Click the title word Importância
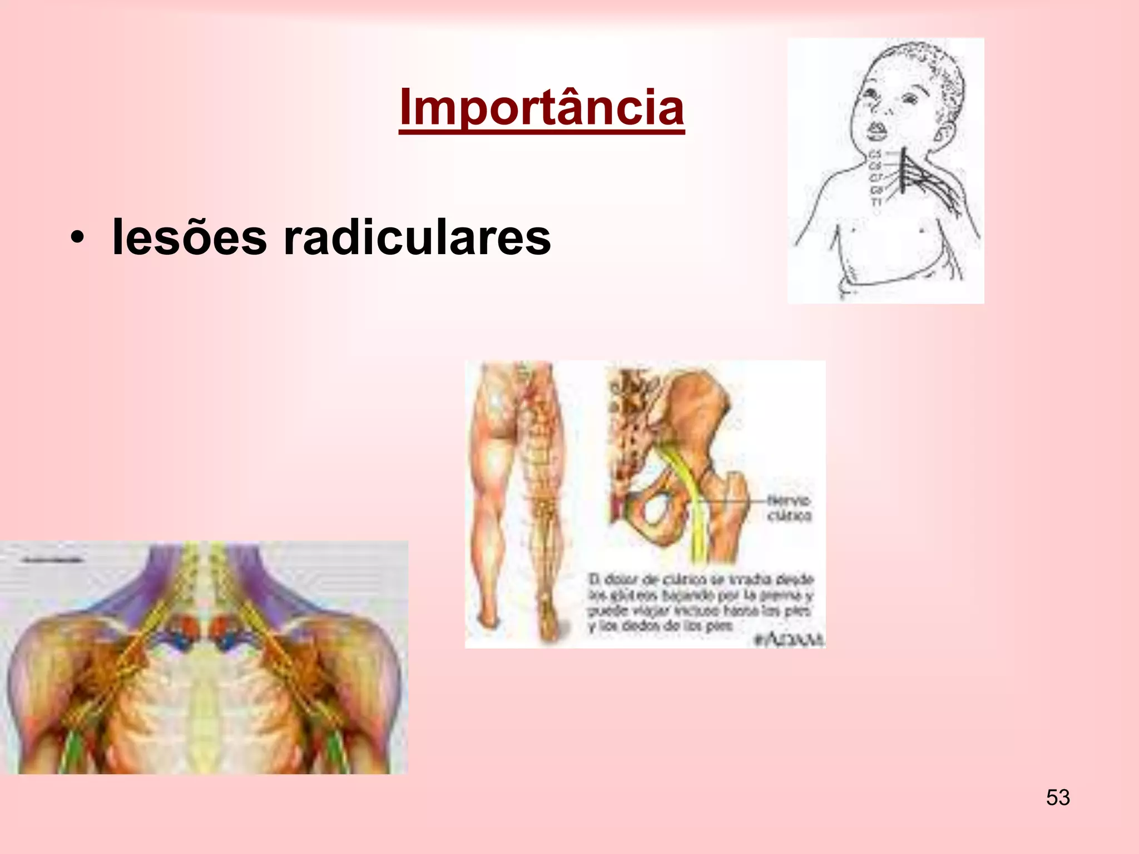coord(541,107)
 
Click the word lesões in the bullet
coord(189,238)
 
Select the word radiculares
coord(417,238)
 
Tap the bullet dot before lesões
coord(77,239)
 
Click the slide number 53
coord(1057,798)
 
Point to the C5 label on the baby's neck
coord(875,154)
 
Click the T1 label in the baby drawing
coord(876,202)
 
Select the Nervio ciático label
coord(789,508)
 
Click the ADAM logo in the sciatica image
coord(789,639)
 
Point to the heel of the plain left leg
coord(489,620)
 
